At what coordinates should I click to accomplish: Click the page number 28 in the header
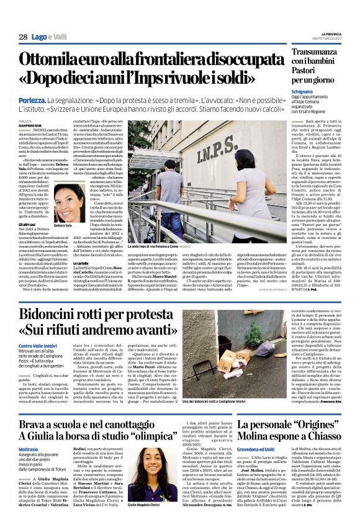click(x=23, y=37)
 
